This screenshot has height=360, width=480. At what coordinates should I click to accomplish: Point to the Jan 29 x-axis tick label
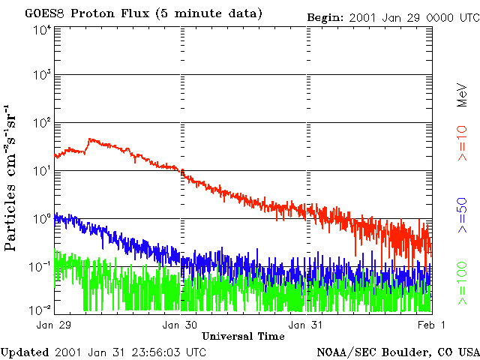pyautogui.click(x=54, y=325)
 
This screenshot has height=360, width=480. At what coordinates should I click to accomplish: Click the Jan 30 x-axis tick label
pyautogui.click(x=181, y=325)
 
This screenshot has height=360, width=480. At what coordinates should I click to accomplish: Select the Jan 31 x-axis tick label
pyautogui.click(x=307, y=325)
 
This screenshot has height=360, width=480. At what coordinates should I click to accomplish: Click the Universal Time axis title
pyautogui.click(x=243, y=336)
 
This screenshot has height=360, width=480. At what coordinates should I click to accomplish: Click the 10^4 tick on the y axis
pyautogui.click(x=41, y=31)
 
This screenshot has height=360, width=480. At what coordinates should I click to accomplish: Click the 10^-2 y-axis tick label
pyautogui.click(x=40, y=309)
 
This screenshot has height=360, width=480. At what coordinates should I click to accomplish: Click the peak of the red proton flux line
pyautogui.click(x=90, y=139)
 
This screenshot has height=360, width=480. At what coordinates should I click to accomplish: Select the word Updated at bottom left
pyautogui.click(x=25, y=352)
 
